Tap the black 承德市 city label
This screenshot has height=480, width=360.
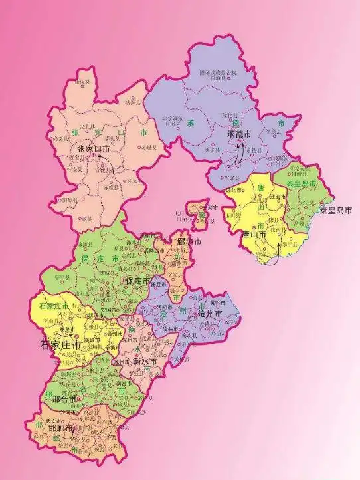click(238, 134)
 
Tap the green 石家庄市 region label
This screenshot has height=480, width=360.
click(50, 306)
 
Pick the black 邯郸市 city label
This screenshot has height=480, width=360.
click(60, 429)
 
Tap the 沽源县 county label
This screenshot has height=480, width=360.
click(133, 104)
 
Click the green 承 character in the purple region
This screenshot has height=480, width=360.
click(190, 124)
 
